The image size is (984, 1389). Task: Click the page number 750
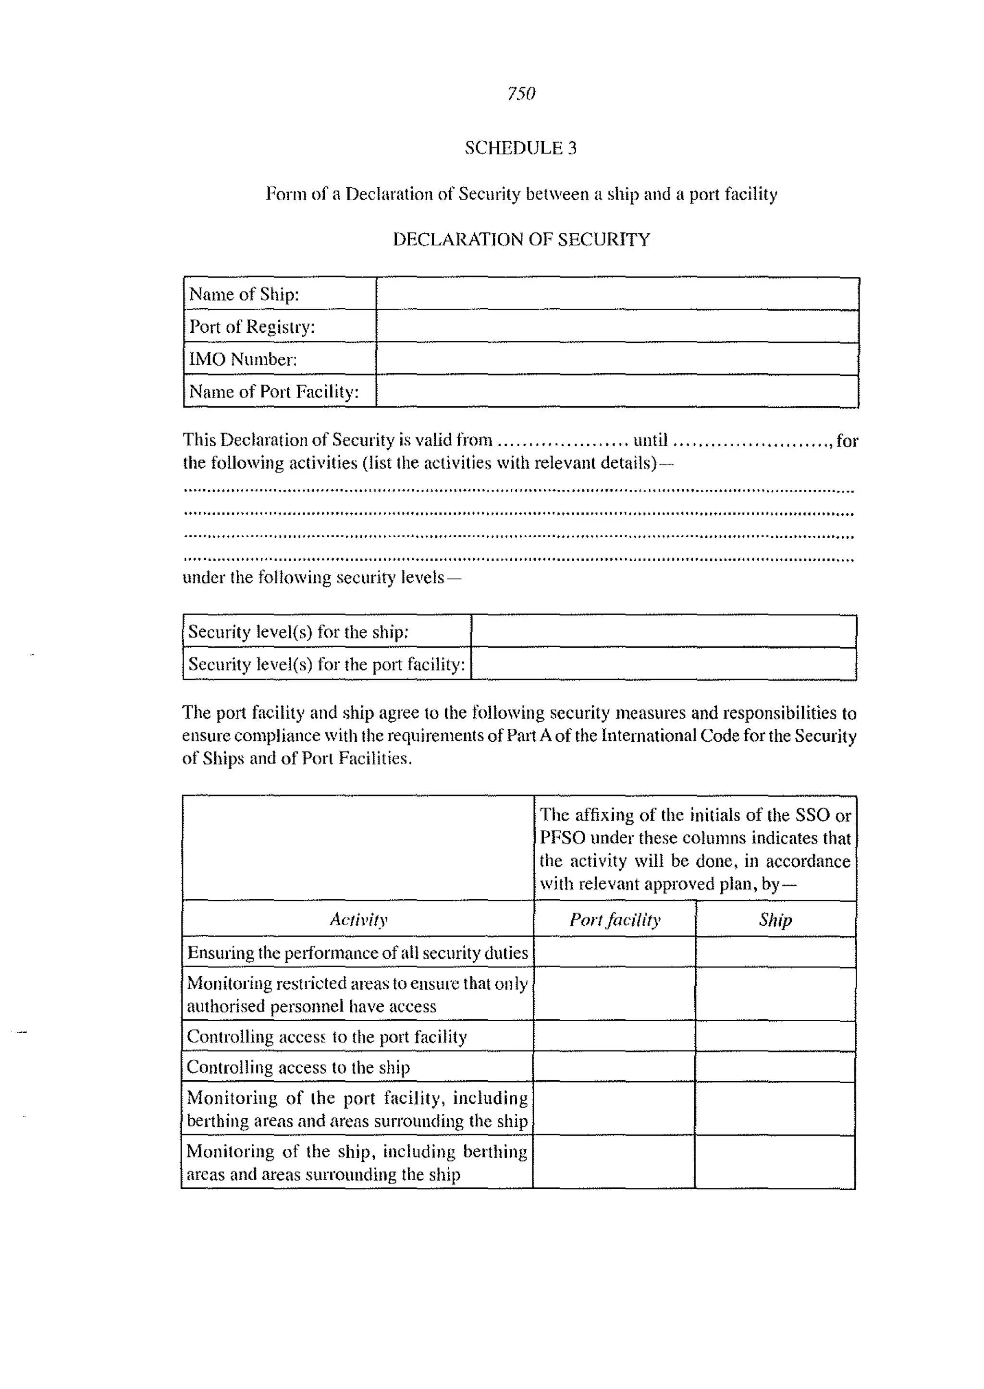pyautogui.click(x=521, y=94)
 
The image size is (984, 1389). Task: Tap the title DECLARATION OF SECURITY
pyautogui.click(x=521, y=240)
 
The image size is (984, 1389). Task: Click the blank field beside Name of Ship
pyautogui.click(x=617, y=294)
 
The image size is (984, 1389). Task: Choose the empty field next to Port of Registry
pyautogui.click(x=617, y=326)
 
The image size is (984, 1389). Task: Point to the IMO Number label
pyautogui.click(x=243, y=359)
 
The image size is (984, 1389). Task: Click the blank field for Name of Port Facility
pyautogui.click(x=617, y=391)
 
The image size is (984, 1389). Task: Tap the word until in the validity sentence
pyautogui.click(x=650, y=440)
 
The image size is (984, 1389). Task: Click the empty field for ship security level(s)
pyautogui.click(x=664, y=631)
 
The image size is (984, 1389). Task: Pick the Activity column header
pyautogui.click(x=358, y=920)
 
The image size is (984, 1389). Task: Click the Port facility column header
pyautogui.click(x=615, y=920)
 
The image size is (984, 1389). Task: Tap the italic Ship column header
pyautogui.click(x=775, y=920)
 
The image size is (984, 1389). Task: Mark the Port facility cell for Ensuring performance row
pyautogui.click(x=615, y=952)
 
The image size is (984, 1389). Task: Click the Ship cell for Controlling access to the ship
pyautogui.click(x=775, y=1067)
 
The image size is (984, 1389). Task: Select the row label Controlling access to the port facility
pyautogui.click(x=327, y=1037)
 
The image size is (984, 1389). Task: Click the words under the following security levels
pyautogui.click(x=321, y=578)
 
